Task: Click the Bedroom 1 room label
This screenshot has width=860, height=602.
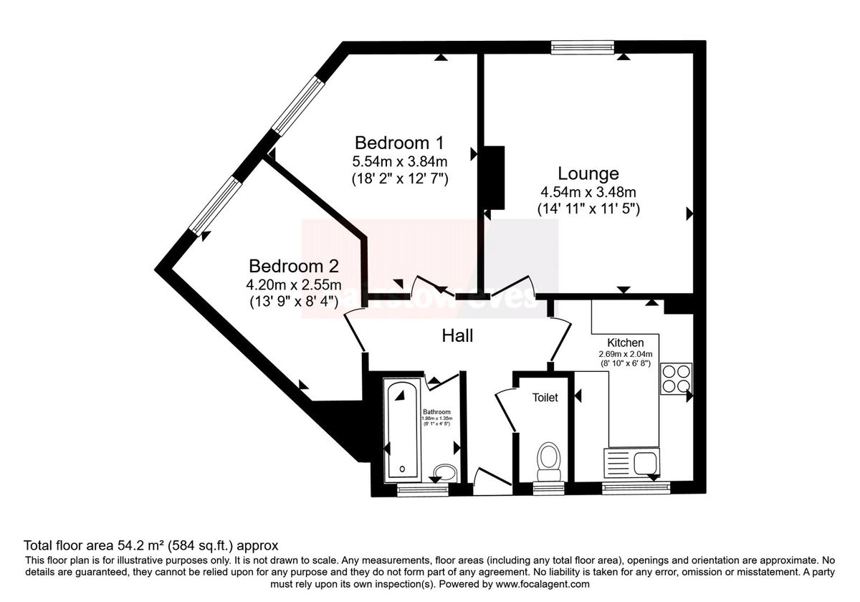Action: [400, 141]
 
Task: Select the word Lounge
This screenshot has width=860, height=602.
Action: [588, 173]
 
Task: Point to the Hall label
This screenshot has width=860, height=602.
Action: [457, 335]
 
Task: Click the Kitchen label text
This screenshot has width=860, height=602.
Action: [626, 343]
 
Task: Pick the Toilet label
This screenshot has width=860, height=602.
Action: [545, 397]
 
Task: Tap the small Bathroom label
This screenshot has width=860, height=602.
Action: [436, 412]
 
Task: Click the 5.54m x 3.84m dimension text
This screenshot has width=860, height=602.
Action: [400, 161]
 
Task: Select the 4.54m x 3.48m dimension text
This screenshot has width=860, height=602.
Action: [588, 192]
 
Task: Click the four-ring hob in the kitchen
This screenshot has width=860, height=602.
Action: [675, 379]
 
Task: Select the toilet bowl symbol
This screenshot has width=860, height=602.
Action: [549, 459]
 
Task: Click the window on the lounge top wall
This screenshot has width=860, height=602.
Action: [583, 47]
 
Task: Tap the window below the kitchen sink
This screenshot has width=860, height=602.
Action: [636, 489]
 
